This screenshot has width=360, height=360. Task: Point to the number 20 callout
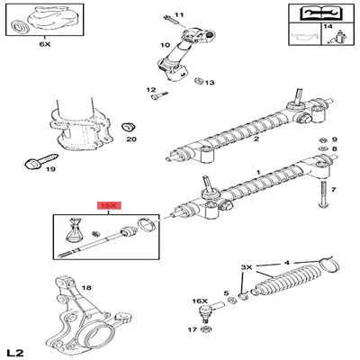130,139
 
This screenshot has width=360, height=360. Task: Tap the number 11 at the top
178,15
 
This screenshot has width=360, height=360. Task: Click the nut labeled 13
199,83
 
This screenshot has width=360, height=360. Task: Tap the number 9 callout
334,139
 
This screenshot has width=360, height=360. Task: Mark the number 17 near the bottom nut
192,330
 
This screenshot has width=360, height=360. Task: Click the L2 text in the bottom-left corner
14,349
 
